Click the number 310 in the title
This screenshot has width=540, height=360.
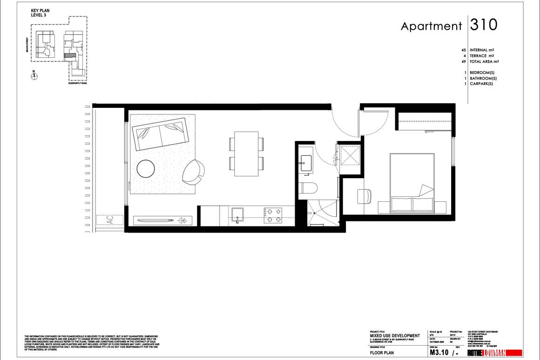pos(484,25)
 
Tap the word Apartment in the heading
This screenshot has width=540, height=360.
pos(431,27)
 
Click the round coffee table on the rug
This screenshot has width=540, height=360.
pos(146,168)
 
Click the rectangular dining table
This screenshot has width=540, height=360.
pos(247,154)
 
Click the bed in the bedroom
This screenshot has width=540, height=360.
pos(412,183)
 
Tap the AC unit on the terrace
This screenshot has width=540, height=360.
pos(110,220)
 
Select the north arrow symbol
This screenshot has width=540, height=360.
pos(34,76)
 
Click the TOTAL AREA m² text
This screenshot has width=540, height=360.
pos(484,61)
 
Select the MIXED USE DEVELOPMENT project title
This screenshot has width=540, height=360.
pos(394,335)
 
